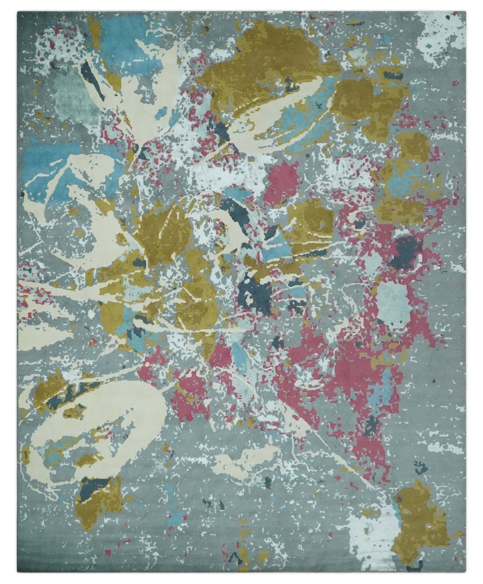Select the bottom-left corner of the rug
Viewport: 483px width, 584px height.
18,574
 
